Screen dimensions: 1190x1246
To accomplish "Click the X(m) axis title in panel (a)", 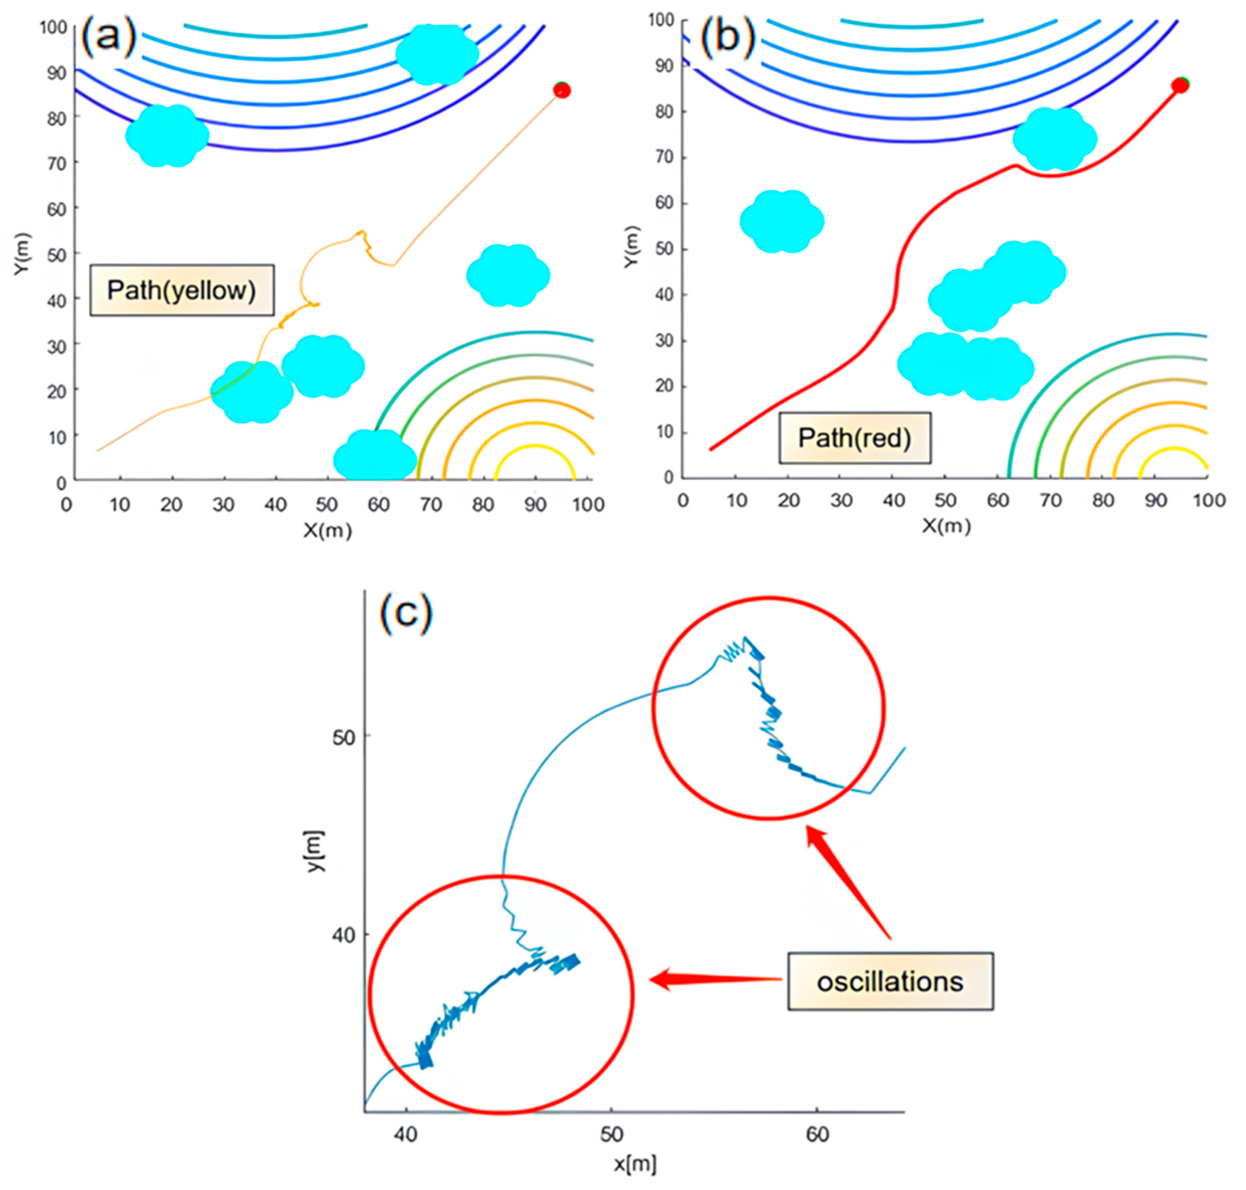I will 327,530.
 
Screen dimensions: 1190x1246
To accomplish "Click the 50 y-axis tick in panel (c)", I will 343,737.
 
